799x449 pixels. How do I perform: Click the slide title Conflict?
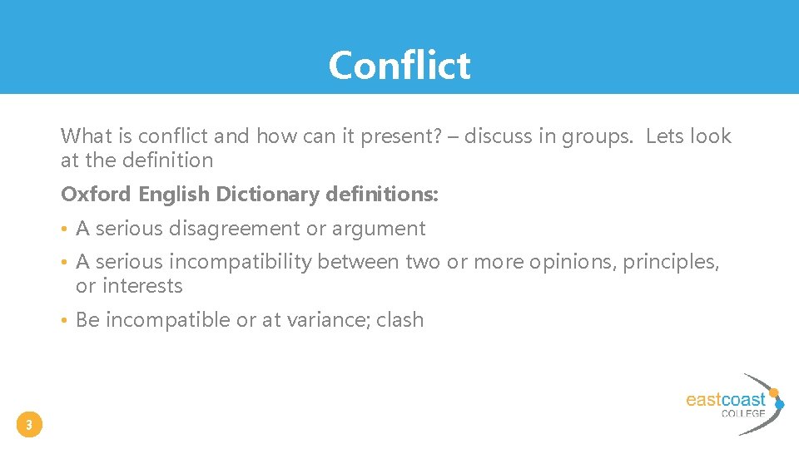coord(399,65)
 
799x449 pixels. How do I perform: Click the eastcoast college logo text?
coord(725,400)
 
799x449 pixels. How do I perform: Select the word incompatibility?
coord(240,262)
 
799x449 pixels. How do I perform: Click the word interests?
coord(141,286)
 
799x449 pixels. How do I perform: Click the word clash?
coord(399,320)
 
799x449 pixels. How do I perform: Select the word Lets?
coord(665,136)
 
